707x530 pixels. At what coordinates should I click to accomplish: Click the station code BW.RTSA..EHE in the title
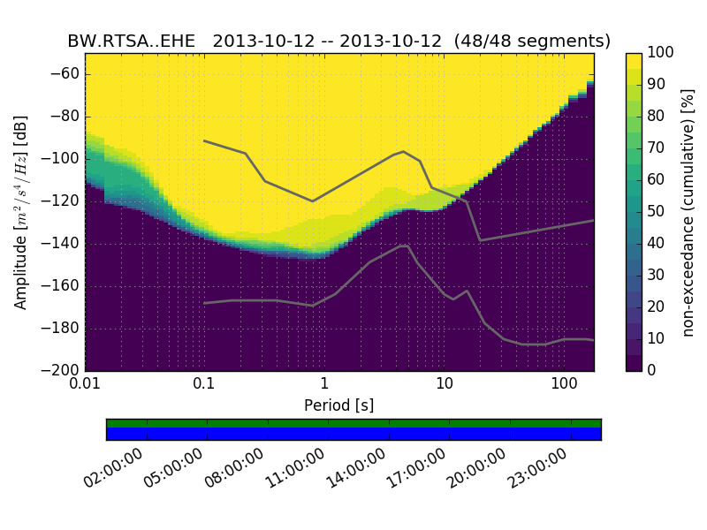click(x=131, y=42)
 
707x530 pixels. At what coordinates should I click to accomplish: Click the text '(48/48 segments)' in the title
click(x=533, y=42)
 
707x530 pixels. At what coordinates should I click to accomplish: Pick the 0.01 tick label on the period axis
click(x=85, y=384)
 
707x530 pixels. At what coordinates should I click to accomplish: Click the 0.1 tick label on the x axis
click(x=204, y=384)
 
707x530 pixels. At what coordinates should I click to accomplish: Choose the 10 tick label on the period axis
click(x=444, y=384)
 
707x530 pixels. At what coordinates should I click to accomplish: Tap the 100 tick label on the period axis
click(x=564, y=384)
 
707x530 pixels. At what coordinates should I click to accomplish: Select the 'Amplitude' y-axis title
click(x=21, y=212)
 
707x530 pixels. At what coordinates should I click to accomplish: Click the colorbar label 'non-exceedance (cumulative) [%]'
click(x=688, y=212)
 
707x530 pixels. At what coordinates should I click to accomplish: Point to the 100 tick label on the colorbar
click(x=661, y=53)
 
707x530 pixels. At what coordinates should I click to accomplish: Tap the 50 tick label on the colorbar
click(x=658, y=211)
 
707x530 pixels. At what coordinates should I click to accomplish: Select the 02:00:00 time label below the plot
click(x=115, y=468)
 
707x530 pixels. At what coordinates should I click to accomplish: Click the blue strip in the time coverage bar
click(x=353, y=434)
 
